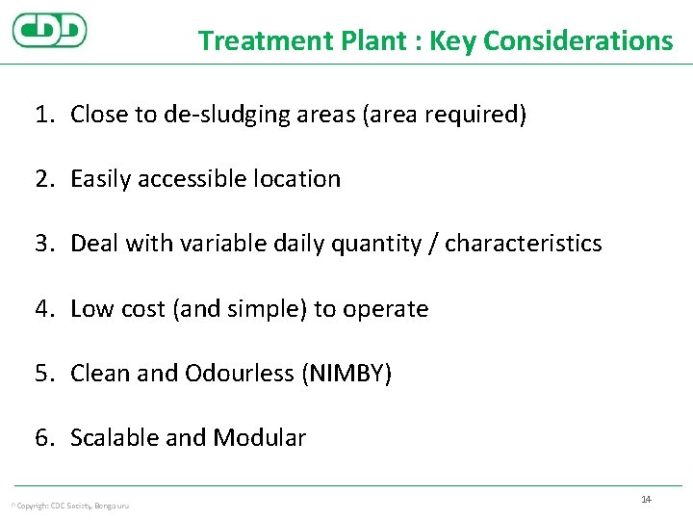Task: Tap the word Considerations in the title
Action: tap(577, 40)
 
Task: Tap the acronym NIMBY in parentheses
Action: tap(346, 374)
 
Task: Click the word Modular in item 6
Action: tap(259, 438)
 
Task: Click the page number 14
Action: tap(646, 499)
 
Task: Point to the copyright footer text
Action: tap(69, 506)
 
